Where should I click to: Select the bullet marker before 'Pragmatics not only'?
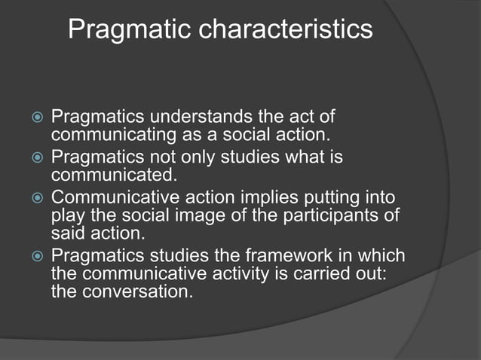[32, 160]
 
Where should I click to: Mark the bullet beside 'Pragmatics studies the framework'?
[32, 256]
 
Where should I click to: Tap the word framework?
[283, 255]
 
